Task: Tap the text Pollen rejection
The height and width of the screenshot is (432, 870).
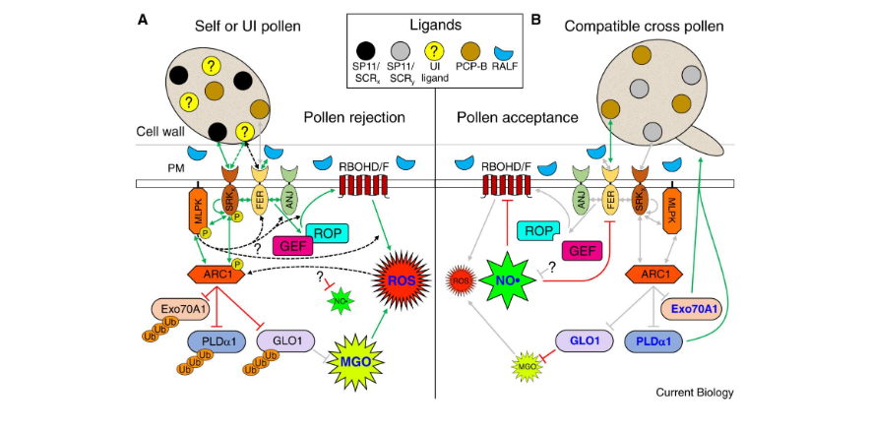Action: pos(355,117)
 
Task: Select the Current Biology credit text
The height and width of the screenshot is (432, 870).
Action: pos(694,393)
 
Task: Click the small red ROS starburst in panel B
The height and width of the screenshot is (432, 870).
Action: pos(461,279)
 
